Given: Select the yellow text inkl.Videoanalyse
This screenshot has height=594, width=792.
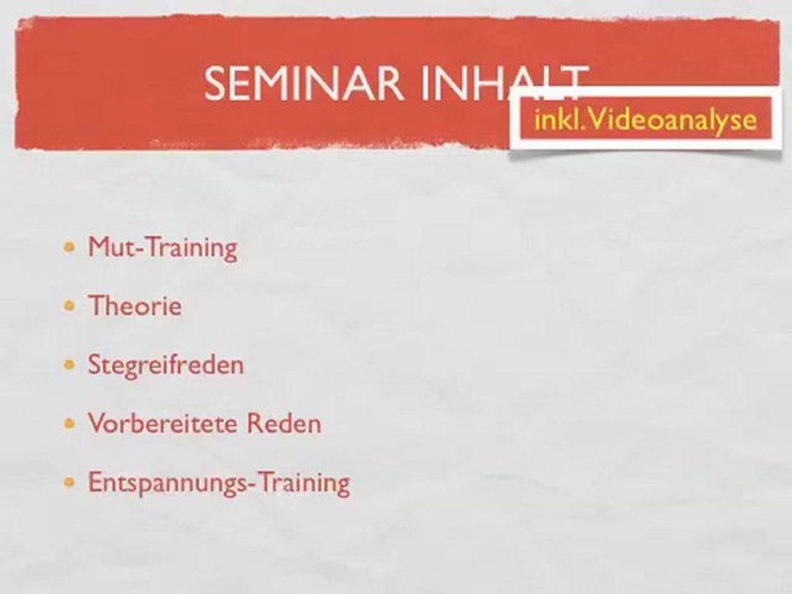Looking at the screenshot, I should point(645,120).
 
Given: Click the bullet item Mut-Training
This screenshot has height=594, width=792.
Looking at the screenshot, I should point(163,247).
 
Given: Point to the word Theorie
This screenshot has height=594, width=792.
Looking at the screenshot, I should point(134,306).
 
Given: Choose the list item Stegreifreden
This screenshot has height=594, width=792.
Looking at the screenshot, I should point(166,365).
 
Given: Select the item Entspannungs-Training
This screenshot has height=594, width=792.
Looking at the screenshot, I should point(219,483).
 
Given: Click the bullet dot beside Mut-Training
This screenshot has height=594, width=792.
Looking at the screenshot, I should point(72,247).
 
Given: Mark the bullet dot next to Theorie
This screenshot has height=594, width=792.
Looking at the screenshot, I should point(72,306).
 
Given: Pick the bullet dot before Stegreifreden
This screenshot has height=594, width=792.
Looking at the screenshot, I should point(72,365).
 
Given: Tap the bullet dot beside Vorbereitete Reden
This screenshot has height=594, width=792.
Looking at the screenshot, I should point(72,424).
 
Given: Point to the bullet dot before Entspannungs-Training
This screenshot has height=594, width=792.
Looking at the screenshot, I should point(72,483).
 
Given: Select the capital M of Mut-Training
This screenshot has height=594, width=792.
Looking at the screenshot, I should point(99,247).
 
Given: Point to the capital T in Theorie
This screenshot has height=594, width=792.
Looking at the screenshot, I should point(96,306).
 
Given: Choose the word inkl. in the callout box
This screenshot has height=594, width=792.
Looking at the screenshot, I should point(559,120).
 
